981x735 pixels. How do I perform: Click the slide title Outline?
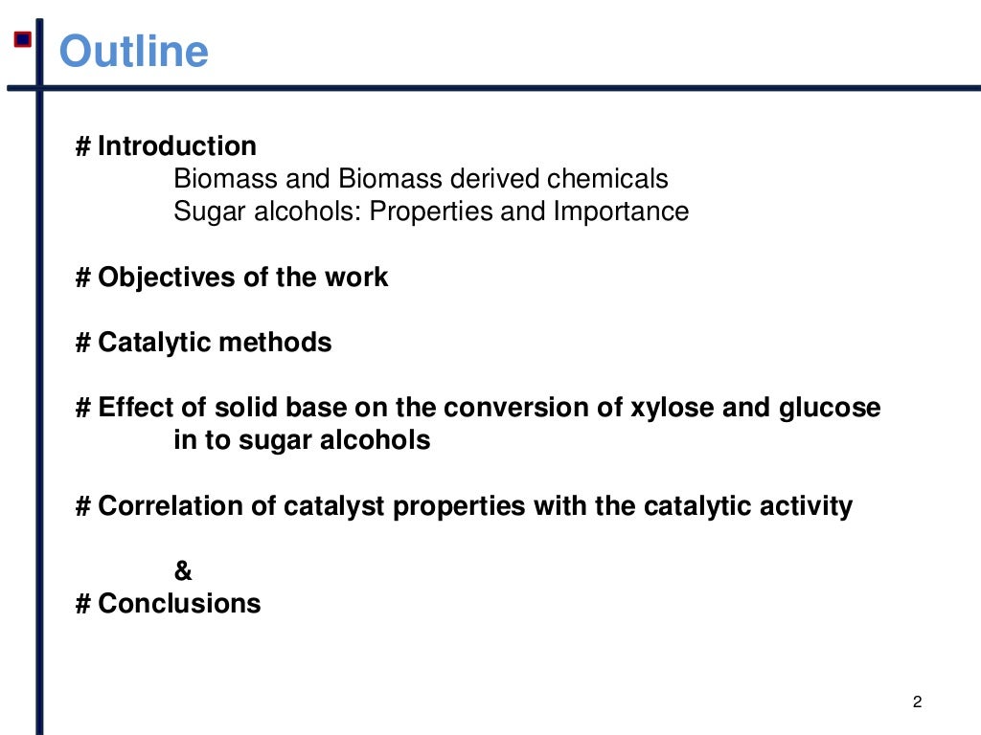[133, 51]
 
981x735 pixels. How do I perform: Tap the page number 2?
[917, 703]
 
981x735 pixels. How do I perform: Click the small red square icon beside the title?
[22, 39]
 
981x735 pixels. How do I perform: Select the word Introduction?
[177, 146]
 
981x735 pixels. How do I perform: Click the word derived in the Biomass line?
[495, 179]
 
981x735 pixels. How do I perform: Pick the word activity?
[804, 506]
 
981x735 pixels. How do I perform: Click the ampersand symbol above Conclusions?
[183, 571]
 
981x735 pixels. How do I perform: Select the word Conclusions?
[179, 604]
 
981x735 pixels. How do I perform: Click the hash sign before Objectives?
[83, 278]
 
